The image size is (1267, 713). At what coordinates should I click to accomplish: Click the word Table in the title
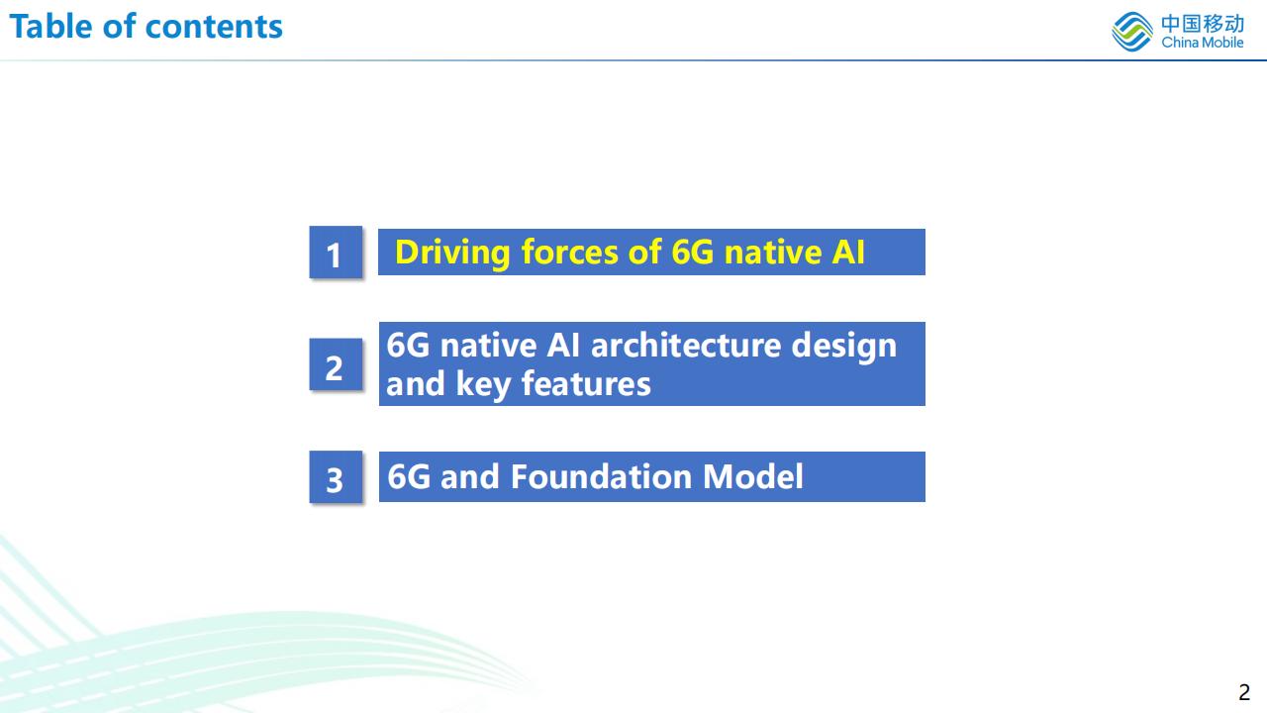click(x=50, y=27)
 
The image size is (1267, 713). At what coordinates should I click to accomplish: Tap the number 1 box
click(x=336, y=252)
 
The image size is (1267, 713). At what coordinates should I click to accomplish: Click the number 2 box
click(x=336, y=364)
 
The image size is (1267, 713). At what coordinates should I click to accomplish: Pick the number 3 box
click(x=336, y=477)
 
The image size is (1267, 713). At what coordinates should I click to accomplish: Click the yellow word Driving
click(x=452, y=253)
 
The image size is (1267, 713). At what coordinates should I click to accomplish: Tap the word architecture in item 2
click(x=686, y=346)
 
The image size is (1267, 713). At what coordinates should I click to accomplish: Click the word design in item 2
click(x=844, y=347)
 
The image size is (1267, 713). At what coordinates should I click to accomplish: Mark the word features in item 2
click(x=586, y=383)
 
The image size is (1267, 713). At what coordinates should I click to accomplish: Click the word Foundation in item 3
click(x=601, y=476)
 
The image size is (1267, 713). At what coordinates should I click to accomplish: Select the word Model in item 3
click(x=753, y=476)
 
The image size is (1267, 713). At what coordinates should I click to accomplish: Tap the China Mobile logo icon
click(x=1132, y=32)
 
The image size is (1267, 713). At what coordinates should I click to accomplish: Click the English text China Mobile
click(x=1203, y=43)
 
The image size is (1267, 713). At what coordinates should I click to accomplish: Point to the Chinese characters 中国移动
click(x=1203, y=24)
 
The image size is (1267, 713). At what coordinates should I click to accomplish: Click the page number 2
click(x=1244, y=692)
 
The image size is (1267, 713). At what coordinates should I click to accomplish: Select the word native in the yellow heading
click(x=773, y=252)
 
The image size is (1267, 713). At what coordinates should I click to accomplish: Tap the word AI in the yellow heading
click(x=848, y=252)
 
